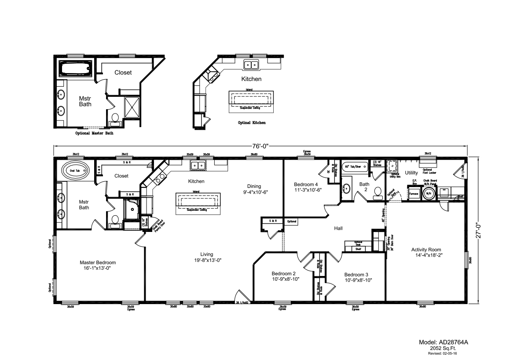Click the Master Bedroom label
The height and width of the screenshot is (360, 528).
click(98, 265)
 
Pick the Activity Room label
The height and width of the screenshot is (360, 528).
click(426, 252)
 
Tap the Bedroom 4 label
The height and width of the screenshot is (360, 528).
click(306, 187)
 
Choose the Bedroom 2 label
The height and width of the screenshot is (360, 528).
click(283, 276)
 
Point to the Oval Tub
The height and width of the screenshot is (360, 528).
click(74, 170)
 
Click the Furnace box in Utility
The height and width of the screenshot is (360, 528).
click(414, 194)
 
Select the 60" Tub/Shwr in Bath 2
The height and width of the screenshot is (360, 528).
click(354, 166)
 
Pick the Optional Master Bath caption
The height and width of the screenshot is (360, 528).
click(94, 133)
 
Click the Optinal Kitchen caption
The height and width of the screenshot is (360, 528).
click(251, 123)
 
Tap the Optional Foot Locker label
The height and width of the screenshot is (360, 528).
click(426, 171)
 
